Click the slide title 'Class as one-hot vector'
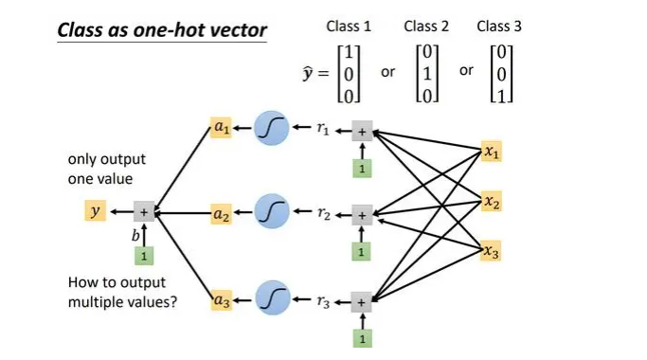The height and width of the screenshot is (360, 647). coord(162,29)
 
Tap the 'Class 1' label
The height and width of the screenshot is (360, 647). coord(349,26)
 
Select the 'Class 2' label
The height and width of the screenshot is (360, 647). coord(426,26)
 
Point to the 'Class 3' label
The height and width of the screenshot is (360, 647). coord(499,26)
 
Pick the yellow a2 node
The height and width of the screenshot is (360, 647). coord(221,215)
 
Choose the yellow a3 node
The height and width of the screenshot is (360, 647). coord(221,302)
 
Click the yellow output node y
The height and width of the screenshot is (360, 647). coord(94,212)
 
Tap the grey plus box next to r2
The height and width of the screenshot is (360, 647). coord(361,215)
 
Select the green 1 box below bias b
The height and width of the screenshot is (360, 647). coord(143,256)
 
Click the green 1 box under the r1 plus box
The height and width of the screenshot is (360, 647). coord(361,169)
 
